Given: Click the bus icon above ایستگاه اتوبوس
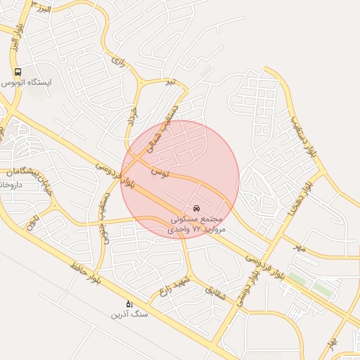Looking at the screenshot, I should point(18,72).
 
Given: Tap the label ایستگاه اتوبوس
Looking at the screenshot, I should point(27,82).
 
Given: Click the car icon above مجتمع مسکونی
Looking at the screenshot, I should point(196,208).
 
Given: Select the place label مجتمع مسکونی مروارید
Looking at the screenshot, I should point(198,224).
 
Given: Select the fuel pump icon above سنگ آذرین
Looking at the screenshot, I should point(129,303).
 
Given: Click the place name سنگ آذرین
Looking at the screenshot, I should point(129,314).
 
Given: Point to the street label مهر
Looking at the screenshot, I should point(300,247).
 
